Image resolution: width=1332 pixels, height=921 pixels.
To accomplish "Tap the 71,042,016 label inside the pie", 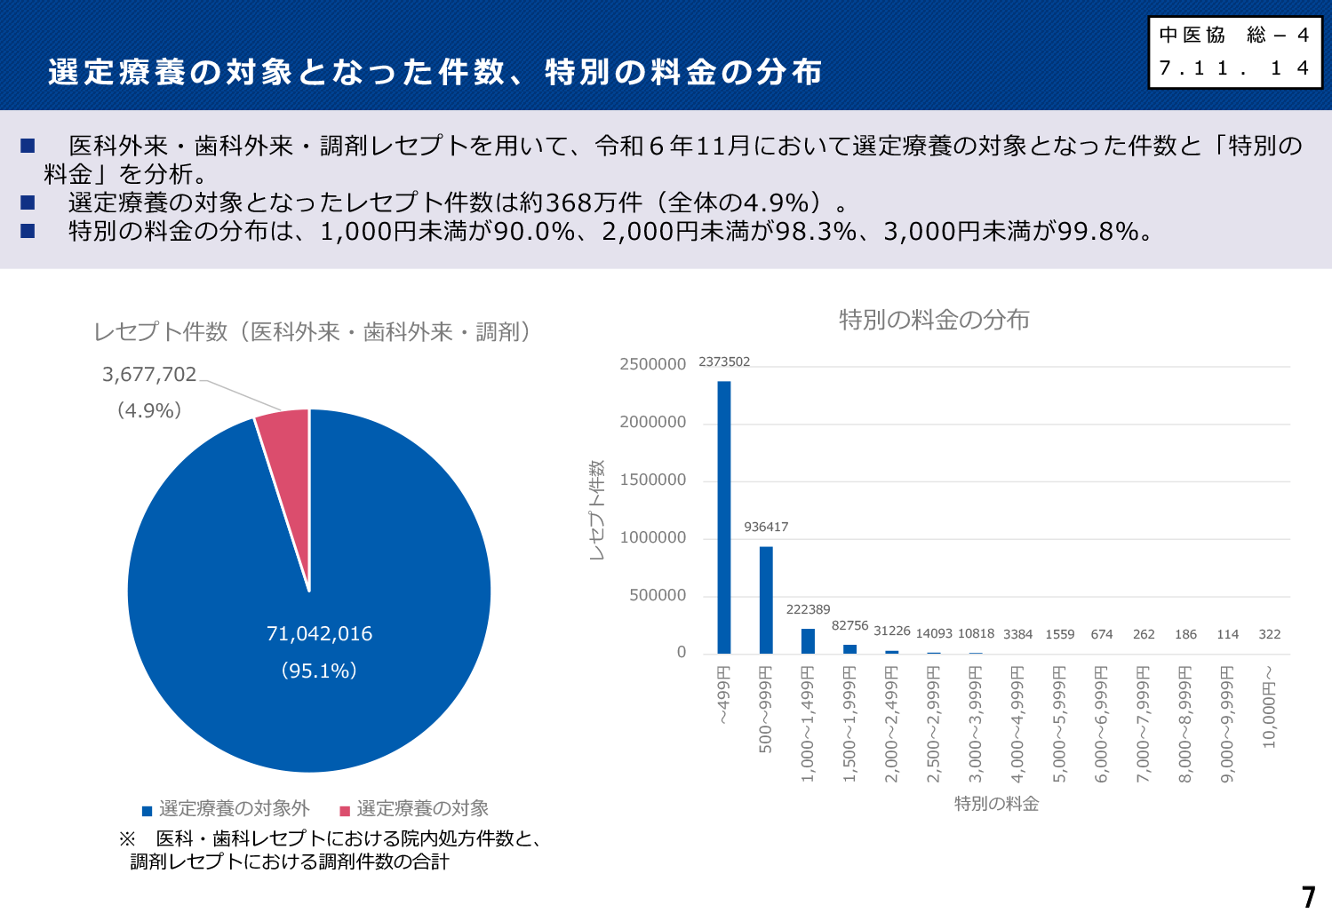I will [319, 634].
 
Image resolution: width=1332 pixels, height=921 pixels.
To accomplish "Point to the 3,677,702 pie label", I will [149, 375].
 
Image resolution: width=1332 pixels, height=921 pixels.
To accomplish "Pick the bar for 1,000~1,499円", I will [808, 641].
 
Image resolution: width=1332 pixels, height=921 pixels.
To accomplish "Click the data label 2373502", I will [724, 361].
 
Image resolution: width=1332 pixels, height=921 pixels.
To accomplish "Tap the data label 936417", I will [766, 527].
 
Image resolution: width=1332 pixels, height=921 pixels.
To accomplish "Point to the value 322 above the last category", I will [1270, 634].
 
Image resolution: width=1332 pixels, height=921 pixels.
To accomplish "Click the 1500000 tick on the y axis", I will [653, 480].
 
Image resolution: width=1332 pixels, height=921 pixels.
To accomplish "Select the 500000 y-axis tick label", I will [658, 595].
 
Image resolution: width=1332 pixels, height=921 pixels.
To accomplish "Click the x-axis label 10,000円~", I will [1270, 707].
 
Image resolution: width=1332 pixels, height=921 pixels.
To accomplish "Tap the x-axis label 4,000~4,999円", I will [1018, 724].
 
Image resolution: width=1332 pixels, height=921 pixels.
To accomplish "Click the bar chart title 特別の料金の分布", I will [934, 320].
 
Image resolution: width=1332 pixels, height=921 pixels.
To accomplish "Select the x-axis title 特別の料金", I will [996, 804].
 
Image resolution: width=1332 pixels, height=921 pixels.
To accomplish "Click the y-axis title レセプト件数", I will [596, 510].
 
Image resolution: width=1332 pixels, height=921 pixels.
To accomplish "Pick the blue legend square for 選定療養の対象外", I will [148, 810].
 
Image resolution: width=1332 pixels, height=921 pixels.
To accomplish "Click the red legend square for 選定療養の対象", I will [345, 810].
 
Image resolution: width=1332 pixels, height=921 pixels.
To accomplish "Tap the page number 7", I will [1308, 897].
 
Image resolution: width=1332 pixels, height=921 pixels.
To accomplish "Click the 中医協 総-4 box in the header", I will [1234, 52].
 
